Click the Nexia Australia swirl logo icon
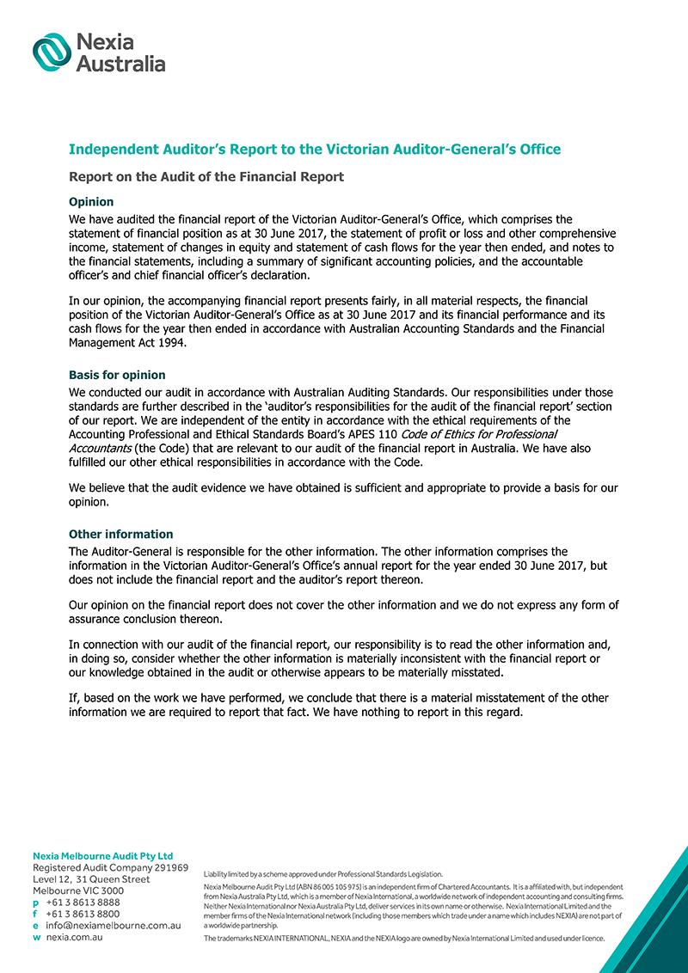click(x=52, y=52)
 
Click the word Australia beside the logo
click(x=120, y=63)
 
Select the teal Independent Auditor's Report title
click(x=314, y=150)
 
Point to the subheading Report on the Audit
click(x=206, y=177)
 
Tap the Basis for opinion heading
click(x=117, y=375)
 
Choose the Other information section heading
click(x=120, y=534)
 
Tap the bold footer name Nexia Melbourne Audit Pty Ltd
click(x=102, y=856)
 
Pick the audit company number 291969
click(x=167, y=868)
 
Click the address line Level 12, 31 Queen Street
click(x=91, y=879)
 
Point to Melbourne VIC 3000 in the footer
click(x=77, y=891)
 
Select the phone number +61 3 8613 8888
click(x=83, y=903)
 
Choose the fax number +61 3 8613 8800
click(x=83, y=914)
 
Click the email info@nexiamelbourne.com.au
click(x=113, y=926)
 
